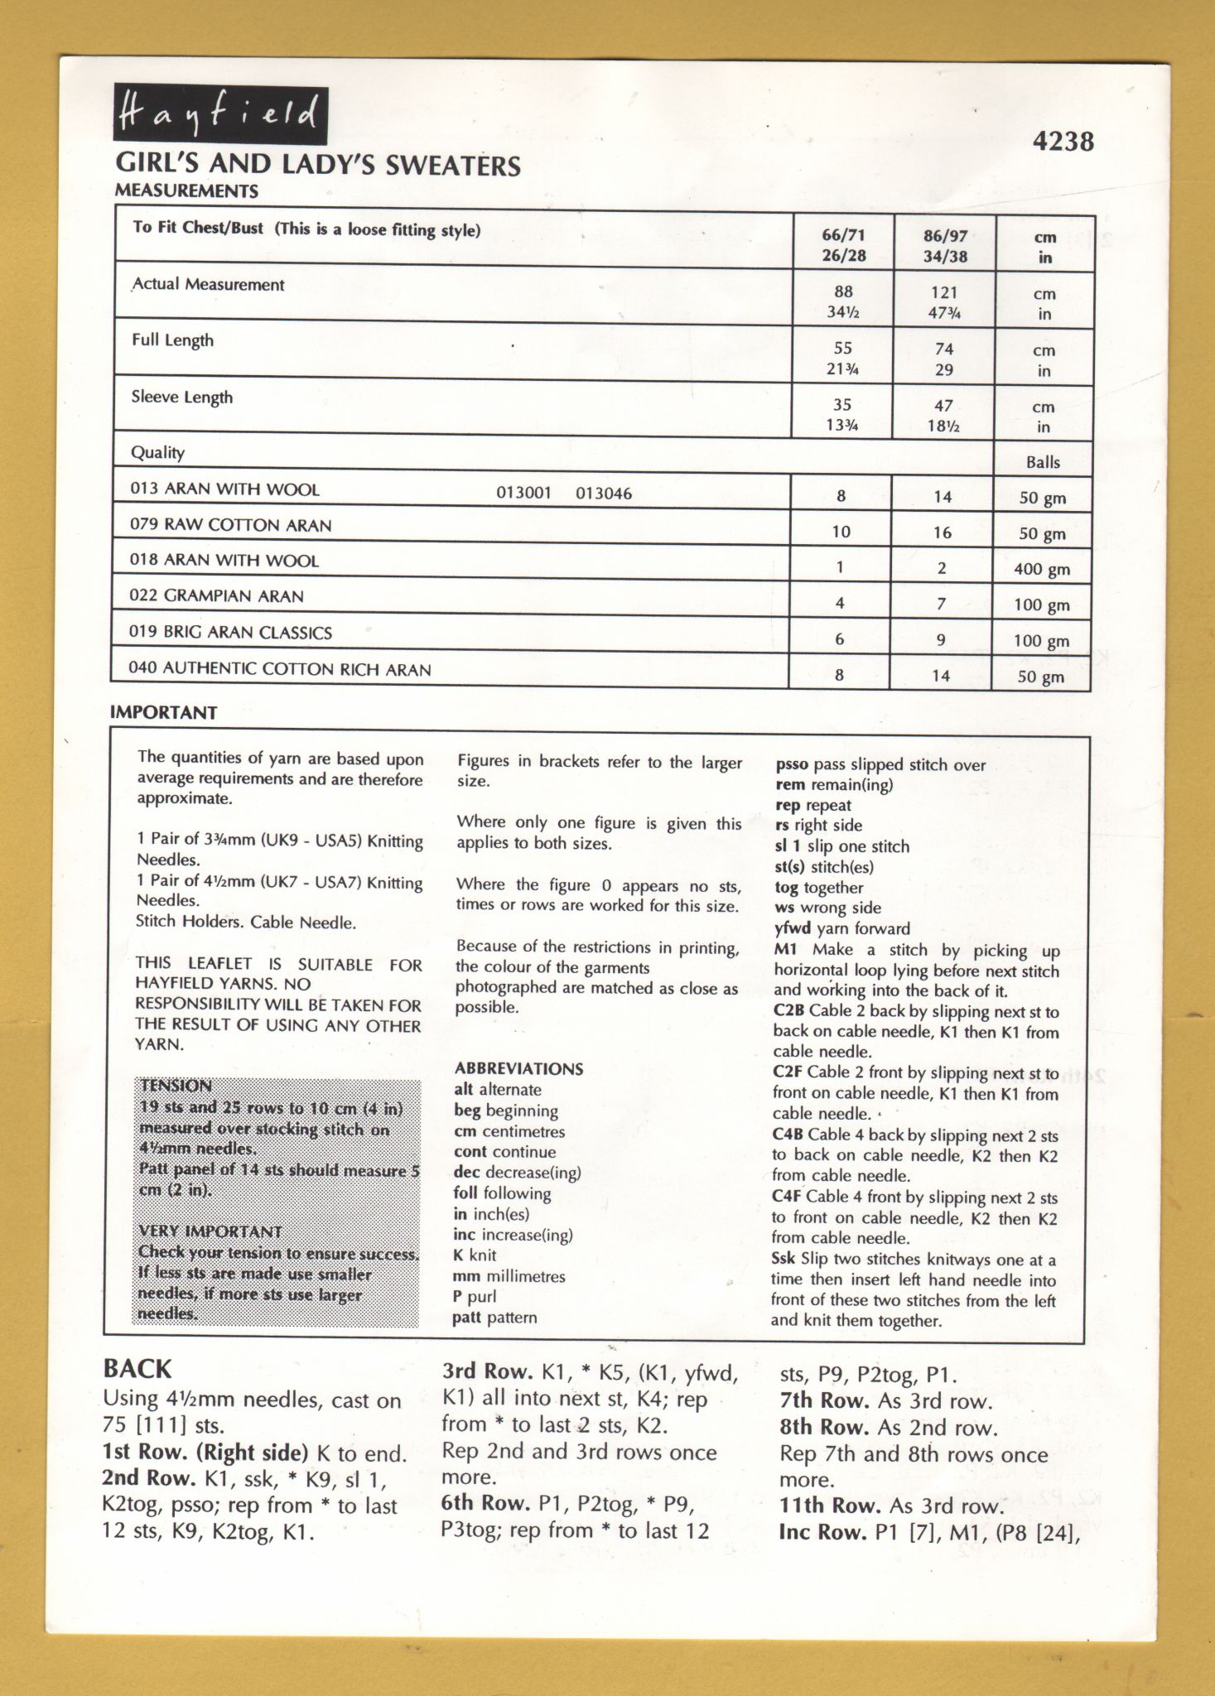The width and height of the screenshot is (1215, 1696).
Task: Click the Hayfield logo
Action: (x=220, y=114)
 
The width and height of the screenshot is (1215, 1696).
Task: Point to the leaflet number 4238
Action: (x=1063, y=142)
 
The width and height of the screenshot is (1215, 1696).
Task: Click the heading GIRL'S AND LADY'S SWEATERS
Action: (x=318, y=165)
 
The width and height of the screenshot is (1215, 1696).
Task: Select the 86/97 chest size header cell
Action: (x=945, y=246)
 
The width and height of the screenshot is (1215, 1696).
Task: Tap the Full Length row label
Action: (x=172, y=340)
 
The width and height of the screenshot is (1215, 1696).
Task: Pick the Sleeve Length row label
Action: (x=181, y=397)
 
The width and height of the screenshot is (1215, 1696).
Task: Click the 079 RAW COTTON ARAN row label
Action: (x=230, y=525)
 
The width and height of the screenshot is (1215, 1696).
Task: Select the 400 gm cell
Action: (x=1041, y=570)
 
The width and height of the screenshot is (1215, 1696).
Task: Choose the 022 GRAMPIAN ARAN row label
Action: (x=216, y=596)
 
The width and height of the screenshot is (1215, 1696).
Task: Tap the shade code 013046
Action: (x=603, y=494)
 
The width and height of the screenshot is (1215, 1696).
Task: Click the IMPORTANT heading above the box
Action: (x=163, y=713)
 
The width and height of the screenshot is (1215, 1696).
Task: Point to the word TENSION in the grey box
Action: (x=176, y=1086)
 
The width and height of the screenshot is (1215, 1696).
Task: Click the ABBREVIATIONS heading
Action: (x=518, y=1069)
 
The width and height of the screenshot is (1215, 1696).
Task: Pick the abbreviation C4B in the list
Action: (x=788, y=1135)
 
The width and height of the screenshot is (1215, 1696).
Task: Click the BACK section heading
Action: (x=137, y=1369)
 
